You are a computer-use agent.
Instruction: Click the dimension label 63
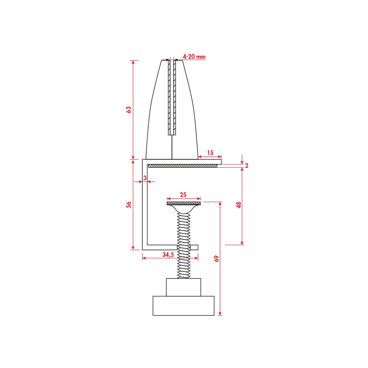click(x=128, y=110)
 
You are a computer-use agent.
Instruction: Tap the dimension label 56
click(x=128, y=205)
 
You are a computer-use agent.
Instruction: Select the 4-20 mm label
click(x=194, y=57)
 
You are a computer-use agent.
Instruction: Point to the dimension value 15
click(x=210, y=153)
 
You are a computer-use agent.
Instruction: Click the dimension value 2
click(x=247, y=166)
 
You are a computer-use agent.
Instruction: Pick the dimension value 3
click(x=145, y=178)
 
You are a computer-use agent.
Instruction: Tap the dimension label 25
click(x=183, y=195)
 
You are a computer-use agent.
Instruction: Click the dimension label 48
click(x=239, y=205)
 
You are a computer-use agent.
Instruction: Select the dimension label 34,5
click(x=168, y=255)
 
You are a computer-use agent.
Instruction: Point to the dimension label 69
click(x=216, y=259)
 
